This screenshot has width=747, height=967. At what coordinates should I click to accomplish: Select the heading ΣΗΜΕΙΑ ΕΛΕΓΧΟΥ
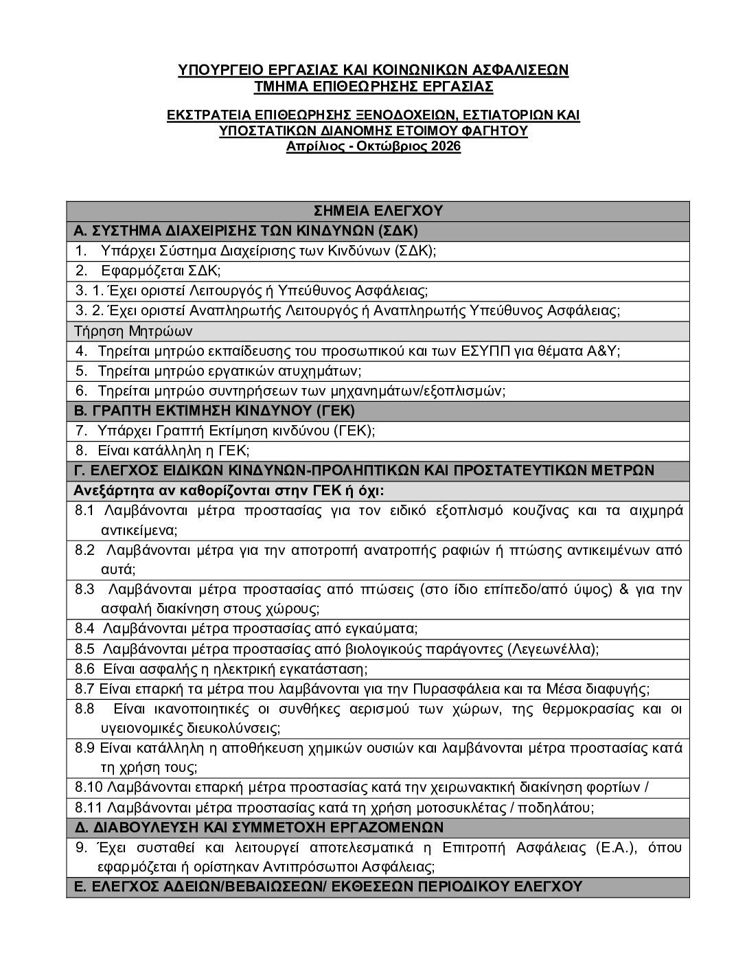pyautogui.click(x=378, y=210)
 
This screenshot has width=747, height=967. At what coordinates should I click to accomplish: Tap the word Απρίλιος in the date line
pyautogui.click(x=314, y=146)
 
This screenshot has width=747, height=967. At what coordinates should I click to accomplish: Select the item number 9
pyautogui.click(x=81, y=847)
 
